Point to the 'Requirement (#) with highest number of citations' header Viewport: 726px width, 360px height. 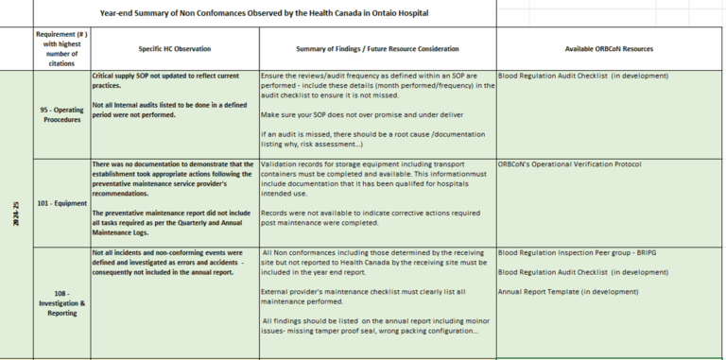60,48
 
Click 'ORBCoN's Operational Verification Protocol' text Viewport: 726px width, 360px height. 569,164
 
